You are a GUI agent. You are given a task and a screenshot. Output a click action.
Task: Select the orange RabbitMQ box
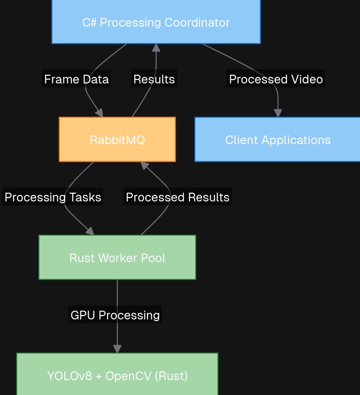click(117, 140)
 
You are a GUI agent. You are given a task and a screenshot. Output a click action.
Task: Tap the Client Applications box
click(277, 140)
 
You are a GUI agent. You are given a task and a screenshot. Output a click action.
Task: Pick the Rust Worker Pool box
click(117, 257)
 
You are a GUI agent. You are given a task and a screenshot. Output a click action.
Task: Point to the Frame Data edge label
click(77, 79)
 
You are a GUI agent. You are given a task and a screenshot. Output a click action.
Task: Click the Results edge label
click(154, 79)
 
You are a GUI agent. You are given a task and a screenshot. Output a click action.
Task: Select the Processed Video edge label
click(276, 79)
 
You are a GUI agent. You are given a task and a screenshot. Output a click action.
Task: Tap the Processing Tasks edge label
click(53, 197)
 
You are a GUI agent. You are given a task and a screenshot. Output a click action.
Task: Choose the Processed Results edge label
click(178, 197)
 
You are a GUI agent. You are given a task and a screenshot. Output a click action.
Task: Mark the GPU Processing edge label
click(115, 315)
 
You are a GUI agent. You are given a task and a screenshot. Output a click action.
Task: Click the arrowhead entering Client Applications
click(278, 113)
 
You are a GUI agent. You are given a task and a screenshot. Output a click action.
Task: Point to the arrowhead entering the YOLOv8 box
click(117, 349)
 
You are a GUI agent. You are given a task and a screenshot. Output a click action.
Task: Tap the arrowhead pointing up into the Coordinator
click(156, 48)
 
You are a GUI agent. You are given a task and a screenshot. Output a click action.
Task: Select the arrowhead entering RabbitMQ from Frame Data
click(100, 113)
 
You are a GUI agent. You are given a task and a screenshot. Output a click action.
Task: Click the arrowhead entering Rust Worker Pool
click(90, 232)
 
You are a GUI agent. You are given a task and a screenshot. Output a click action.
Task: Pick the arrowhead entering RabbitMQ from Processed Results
click(144, 165)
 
